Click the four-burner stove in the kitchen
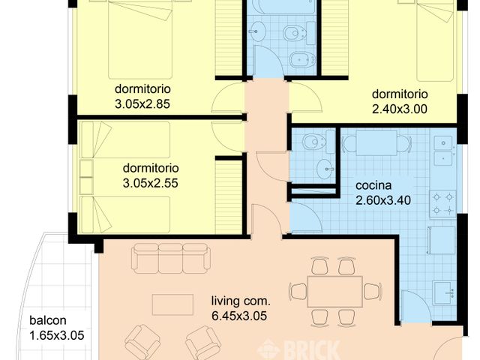(x=442, y=202)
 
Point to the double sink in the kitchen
(x=444, y=150)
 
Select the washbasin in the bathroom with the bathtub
(x=258, y=31)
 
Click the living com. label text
(x=241, y=301)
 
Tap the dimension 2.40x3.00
(x=400, y=108)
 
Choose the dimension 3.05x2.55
(x=149, y=181)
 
